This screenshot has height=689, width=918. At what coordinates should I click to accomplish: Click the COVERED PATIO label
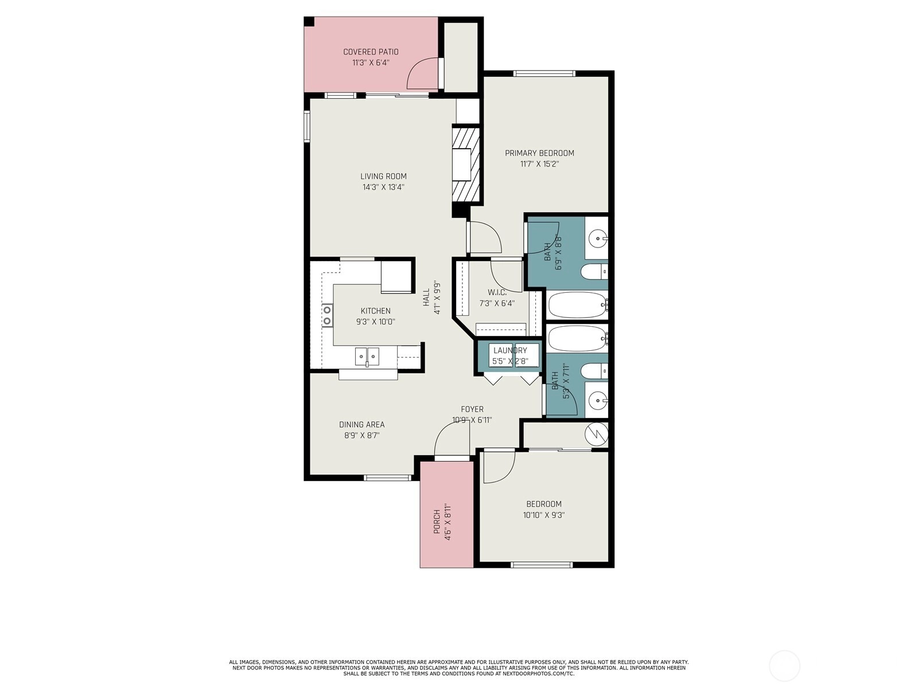pos(371,52)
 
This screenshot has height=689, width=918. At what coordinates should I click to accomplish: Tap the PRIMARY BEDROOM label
pos(539,153)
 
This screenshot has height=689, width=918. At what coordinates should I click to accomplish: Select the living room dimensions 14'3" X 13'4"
pos(383,187)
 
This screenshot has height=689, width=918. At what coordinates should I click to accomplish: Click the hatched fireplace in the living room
pos(465,164)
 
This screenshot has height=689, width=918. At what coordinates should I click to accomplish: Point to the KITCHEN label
pos(376,311)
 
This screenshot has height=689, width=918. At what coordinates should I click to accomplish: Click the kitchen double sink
pos(367,357)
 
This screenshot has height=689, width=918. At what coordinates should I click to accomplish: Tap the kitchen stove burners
pos(326,315)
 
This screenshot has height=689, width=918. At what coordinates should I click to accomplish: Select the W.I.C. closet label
pos(497,292)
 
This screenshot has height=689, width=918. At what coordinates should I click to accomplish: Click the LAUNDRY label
pos(510,350)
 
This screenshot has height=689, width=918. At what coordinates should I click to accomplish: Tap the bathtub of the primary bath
pos(578,305)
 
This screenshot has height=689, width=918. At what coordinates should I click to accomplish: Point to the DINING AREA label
pos(362,425)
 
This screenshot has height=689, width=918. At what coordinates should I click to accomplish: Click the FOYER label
pos(472,409)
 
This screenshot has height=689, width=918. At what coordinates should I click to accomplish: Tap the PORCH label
pos(437,522)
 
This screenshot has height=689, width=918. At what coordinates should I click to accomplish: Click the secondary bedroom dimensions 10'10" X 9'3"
pos(544,515)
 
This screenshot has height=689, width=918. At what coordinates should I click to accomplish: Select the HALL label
pos(426,297)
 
